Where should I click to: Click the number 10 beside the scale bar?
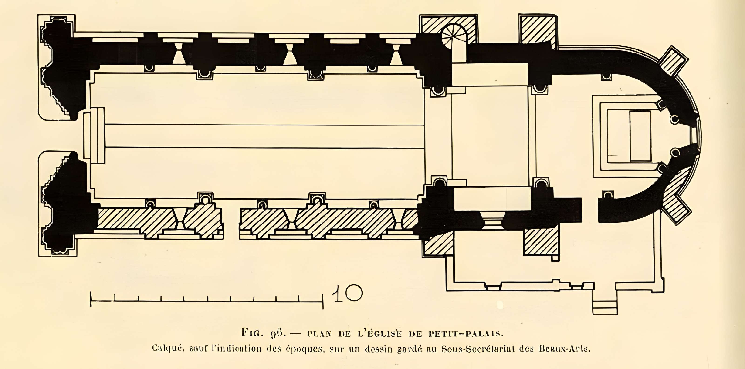point(347,294)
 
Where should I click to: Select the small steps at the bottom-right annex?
point(605,307)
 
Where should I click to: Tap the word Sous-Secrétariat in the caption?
point(477,349)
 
